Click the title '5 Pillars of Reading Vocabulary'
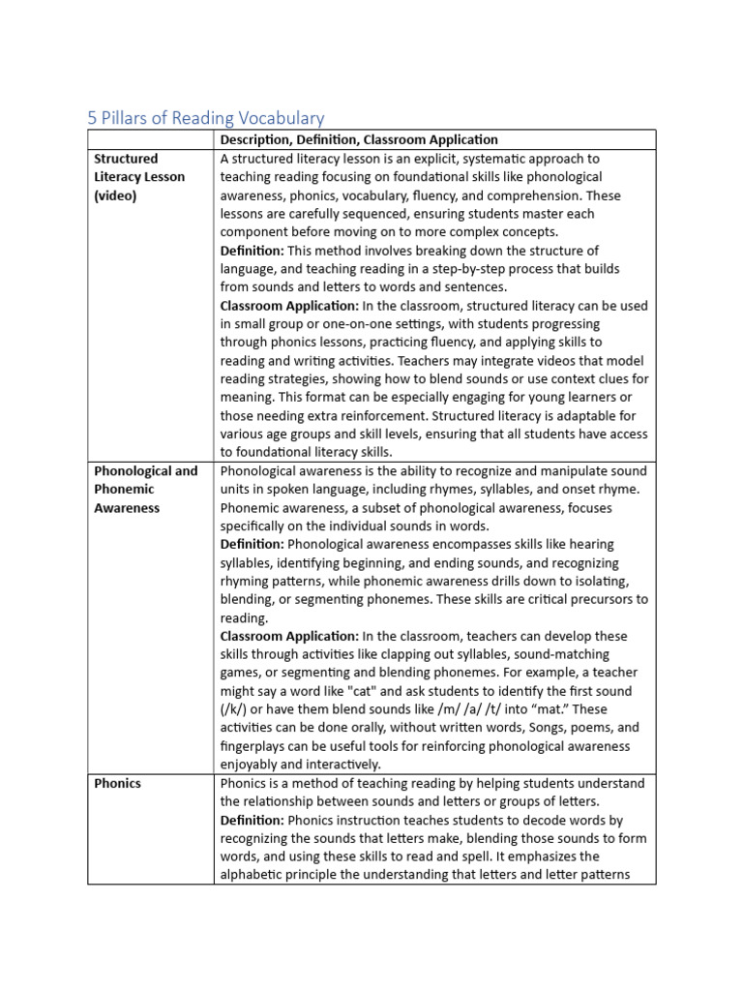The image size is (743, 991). tap(206, 118)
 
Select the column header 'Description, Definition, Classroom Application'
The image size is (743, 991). tap(359, 140)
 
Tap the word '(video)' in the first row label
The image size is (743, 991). tap(116, 195)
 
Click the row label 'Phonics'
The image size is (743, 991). tap(117, 783)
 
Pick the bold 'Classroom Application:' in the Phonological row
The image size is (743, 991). tap(289, 636)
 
